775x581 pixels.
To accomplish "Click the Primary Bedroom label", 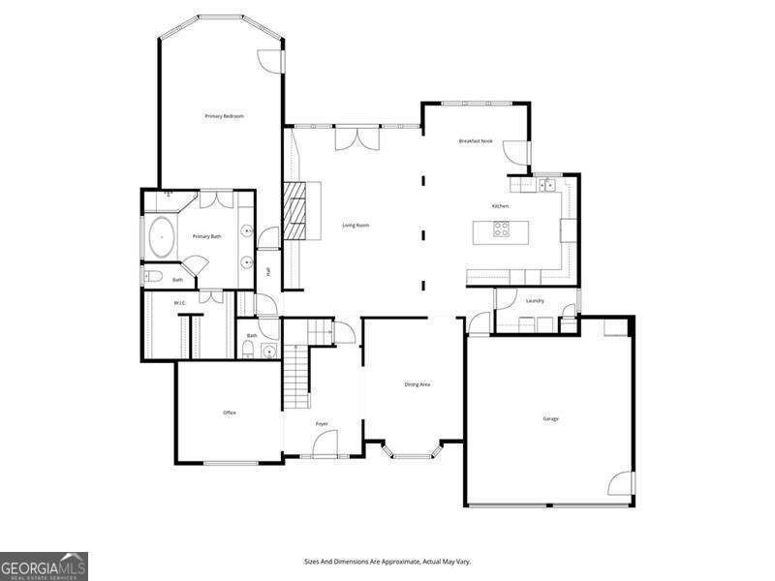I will pyautogui.click(x=224, y=116).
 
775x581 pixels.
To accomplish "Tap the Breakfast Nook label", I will pyautogui.click(x=476, y=141).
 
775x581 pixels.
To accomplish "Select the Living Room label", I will pyautogui.click(x=356, y=226).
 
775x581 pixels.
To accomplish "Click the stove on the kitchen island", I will pyautogui.click(x=502, y=229).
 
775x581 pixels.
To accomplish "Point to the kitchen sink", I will pyautogui.click(x=547, y=184).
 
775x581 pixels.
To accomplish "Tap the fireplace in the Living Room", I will pyautogui.click(x=293, y=210).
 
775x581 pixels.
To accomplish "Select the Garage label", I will pyautogui.click(x=550, y=418).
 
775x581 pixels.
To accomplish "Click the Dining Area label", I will pyautogui.click(x=418, y=384).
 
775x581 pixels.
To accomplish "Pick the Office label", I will pyautogui.click(x=230, y=413).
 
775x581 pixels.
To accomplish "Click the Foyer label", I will pyautogui.click(x=322, y=424).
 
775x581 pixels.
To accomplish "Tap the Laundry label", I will pyautogui.click(x=535, y=300).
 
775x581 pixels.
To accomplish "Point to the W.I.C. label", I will pyautogui.click(x=179, y=303).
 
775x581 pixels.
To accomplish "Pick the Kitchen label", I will pyautogui.click(x=500, y=206).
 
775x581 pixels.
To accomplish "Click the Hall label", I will pyautogui.click(x=268, y=272).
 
